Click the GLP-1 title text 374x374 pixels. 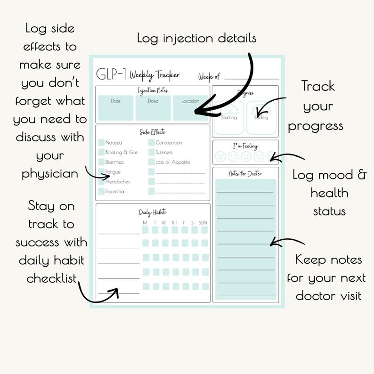111,74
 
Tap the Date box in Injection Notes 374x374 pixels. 115,108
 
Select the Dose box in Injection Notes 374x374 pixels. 153,108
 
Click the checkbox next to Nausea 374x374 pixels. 101,142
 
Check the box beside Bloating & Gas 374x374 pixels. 101,152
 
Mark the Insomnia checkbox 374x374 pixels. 101,191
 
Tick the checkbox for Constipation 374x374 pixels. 151,142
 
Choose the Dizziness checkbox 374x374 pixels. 151,152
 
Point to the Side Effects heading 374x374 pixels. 153,132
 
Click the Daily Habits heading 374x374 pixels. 152,212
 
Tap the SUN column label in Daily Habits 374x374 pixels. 203,222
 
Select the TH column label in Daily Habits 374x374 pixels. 174,222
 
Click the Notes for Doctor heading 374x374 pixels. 245,174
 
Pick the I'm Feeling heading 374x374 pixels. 245,146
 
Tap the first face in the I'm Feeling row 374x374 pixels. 220,156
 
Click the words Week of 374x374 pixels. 209,76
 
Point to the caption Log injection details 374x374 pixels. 196,38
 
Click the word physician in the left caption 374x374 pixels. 50,174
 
